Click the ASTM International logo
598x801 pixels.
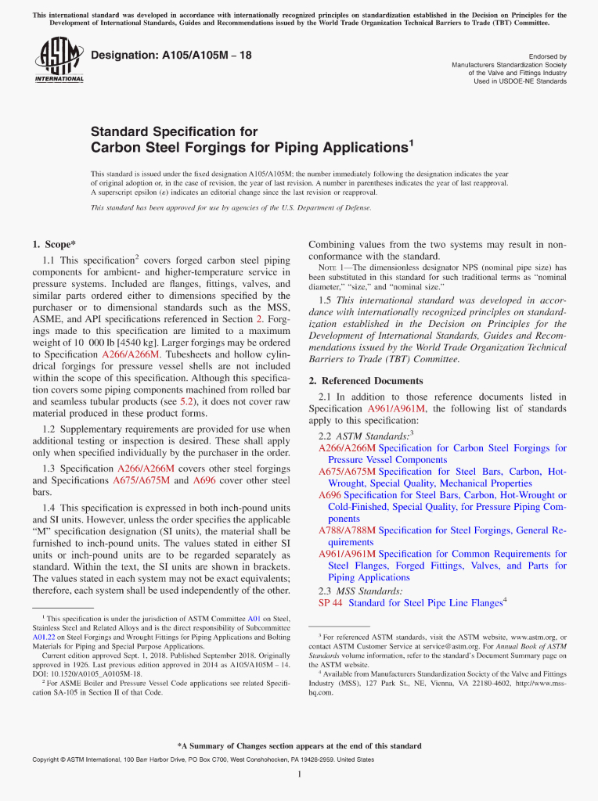pos(59,62)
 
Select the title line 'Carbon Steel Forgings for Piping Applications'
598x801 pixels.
pos(252,148)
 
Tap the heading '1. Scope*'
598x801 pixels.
pos(54,244)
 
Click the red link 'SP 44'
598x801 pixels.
pos(330,603)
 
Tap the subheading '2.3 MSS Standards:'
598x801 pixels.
pos(361,591)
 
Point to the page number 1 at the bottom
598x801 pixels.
pos(299,774)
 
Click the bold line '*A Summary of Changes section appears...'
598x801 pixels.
pos(299,745)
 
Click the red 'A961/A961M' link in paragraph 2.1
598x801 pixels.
pos(396,409)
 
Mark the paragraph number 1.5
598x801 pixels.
pos(326,300)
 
